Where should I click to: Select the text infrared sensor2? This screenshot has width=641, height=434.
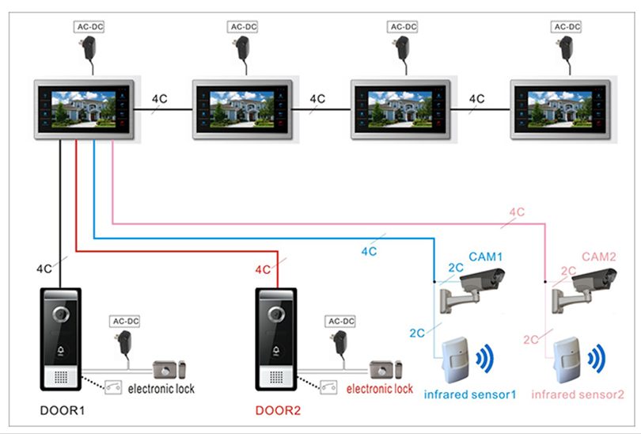[x=578, y=394]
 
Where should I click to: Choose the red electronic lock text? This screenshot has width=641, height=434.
[x=380, y=389]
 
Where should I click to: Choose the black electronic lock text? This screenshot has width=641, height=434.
[x=161, y=389]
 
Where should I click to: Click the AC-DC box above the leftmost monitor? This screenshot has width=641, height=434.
[x=89, y=26]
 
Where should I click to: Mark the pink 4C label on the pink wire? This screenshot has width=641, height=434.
[x=517, y=212]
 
